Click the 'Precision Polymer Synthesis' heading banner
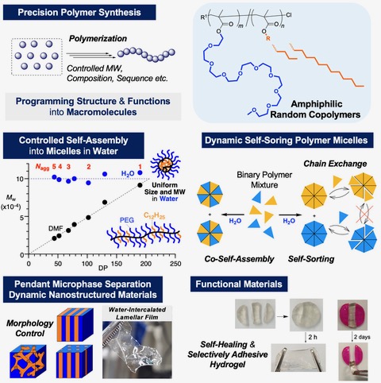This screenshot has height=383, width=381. [x=79, y=13]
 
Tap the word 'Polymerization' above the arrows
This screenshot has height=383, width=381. [x=98, y=39]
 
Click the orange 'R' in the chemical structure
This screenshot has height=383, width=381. [x=268, y=39]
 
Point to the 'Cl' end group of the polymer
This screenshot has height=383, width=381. [x=289, y=15]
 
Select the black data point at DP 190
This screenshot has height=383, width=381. [x=140, y=185]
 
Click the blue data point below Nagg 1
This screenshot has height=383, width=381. [x=140, y=172]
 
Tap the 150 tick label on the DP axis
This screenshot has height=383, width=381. [x=117, y=264]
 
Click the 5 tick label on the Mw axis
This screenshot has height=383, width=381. [x=22, y=217]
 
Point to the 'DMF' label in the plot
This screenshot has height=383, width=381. [x=56, y=228]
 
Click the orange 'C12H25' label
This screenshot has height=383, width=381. [x=155, y=216]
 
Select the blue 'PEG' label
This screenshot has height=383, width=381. [x=127, y=220]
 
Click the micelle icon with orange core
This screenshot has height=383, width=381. [x=165, y=165]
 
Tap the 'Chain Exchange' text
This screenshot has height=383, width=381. [x=335, y=164]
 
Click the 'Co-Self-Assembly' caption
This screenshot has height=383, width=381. [x=239, y=259]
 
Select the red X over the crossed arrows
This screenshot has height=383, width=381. [x=364, y=214]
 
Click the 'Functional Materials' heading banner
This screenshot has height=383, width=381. [x=239, y=284]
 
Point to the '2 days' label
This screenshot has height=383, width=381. [x=362, y=337]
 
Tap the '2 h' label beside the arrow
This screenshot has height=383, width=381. [x=313, y=337]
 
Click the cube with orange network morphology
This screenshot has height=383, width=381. [x=28, y=362]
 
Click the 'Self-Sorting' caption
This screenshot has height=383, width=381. [x=311, y=259]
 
